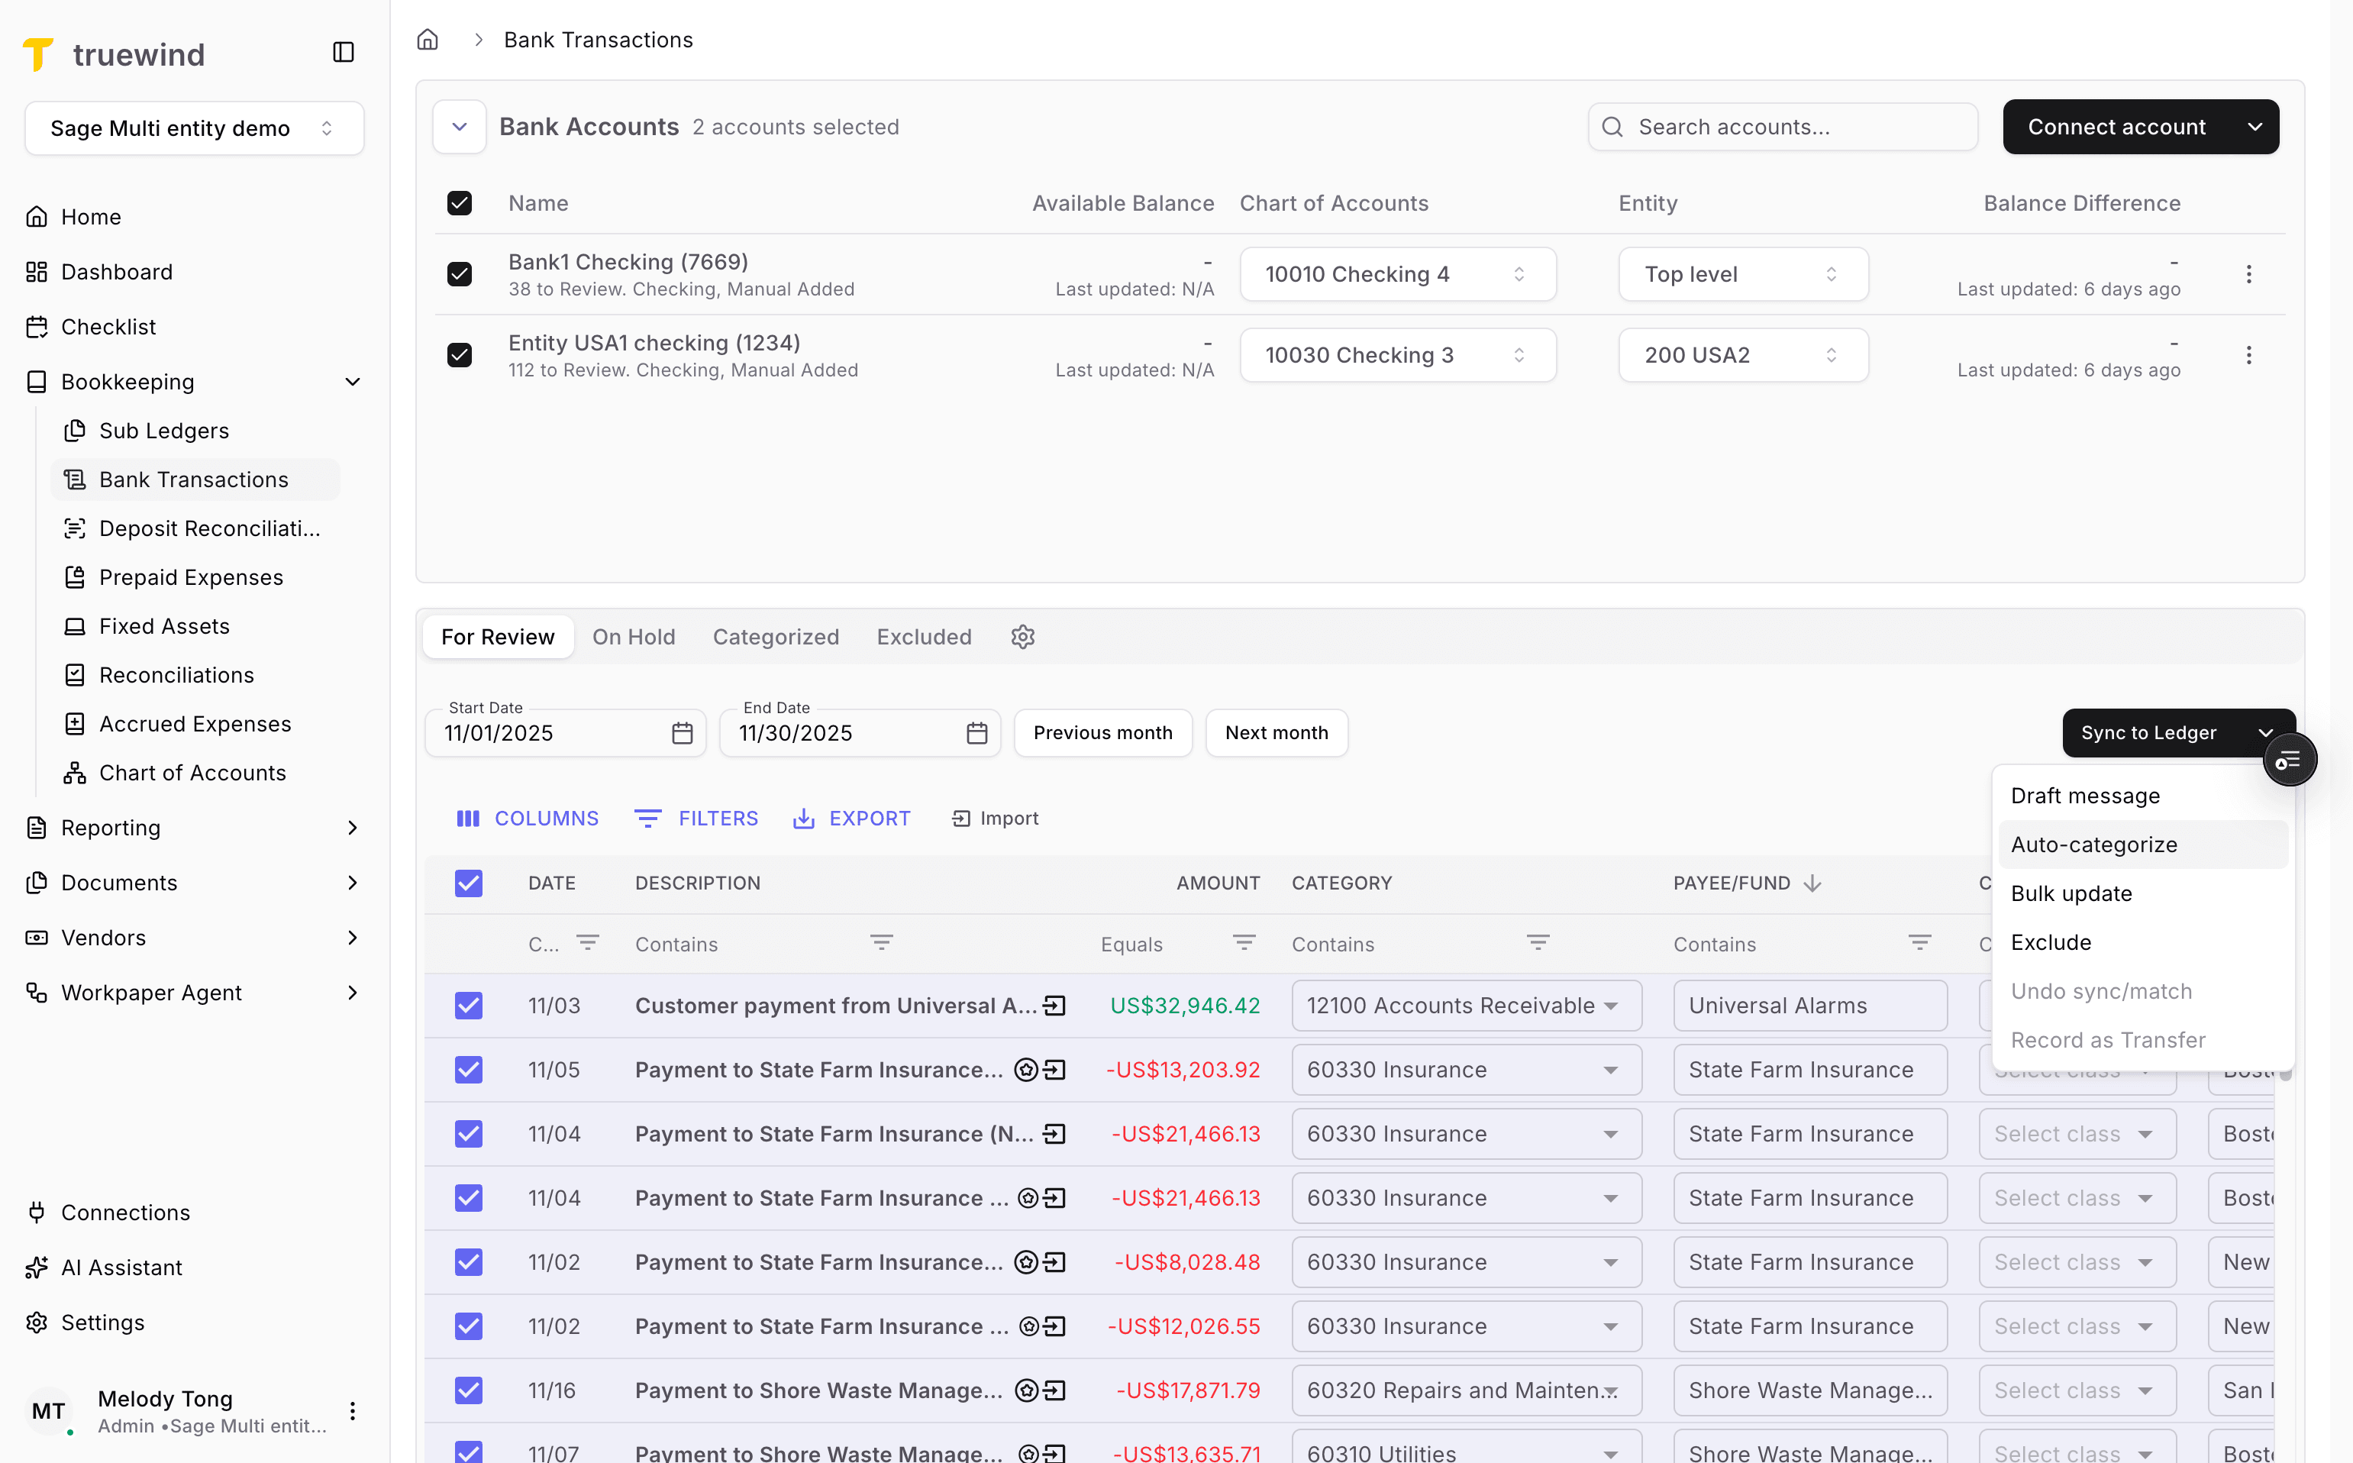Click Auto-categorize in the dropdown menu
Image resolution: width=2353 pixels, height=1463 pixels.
(x=2093, y=845)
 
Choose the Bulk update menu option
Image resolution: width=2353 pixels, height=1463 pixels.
(x=2071, y=893)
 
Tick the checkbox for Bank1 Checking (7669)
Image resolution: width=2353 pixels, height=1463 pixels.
(x=460, y=275)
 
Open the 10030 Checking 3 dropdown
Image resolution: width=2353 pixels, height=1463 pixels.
(x=1397, y=355)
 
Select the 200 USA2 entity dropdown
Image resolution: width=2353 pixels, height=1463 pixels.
(x=1741, y=355)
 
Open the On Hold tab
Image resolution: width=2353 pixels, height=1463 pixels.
(x=634, y=637)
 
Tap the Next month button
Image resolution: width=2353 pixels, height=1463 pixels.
(x=1277, y=732)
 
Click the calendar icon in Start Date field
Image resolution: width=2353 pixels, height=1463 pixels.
(x=682, y=734)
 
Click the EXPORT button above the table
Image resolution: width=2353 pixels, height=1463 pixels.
(x=851, y=819)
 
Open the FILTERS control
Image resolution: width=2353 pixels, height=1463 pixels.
(x=696, y=819)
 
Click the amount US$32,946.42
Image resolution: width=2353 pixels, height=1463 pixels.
(x=1184, y=1006)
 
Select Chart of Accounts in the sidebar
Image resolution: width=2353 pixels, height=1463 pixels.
(x=192, y=772)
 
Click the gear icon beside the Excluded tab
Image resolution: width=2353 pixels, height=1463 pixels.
(x=1023, y=637)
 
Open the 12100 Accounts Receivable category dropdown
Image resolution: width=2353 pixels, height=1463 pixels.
(x=1465, y=1006)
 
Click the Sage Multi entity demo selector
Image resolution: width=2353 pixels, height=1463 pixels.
(x=193, y=129)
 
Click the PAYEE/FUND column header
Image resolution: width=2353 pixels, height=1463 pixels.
(x=1732, y=883)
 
